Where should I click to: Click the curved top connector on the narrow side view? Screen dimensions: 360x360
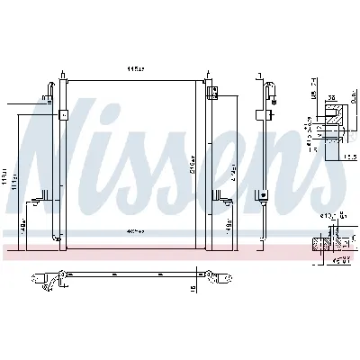pyautogui.click(x=272, y=88)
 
